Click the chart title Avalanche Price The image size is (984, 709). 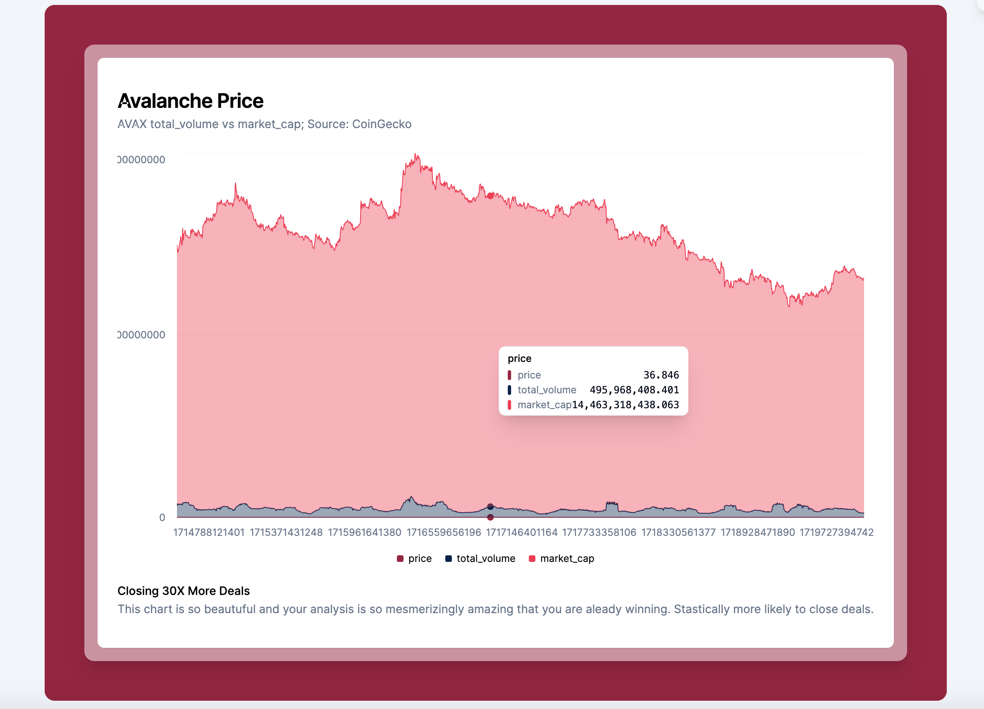[191, 101]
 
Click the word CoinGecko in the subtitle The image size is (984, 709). [381, 124]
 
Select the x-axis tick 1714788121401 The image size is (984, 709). [209, 532]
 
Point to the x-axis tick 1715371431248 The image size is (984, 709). [286, 532]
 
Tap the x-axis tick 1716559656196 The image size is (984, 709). [443, 532]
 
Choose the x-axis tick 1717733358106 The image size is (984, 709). [599, 532]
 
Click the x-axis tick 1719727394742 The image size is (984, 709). [836, 532]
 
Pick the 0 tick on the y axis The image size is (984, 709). [162, 517]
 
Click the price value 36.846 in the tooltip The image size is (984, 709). [661, 375]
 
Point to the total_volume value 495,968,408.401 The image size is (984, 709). [634, 390]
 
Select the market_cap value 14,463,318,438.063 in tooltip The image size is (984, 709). [625, 404]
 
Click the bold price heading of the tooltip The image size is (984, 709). [519, 359]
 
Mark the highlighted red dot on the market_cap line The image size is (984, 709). [490, 196]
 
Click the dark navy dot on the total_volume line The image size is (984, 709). [490, 507]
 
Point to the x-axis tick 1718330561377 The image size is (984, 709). [678, 532]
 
